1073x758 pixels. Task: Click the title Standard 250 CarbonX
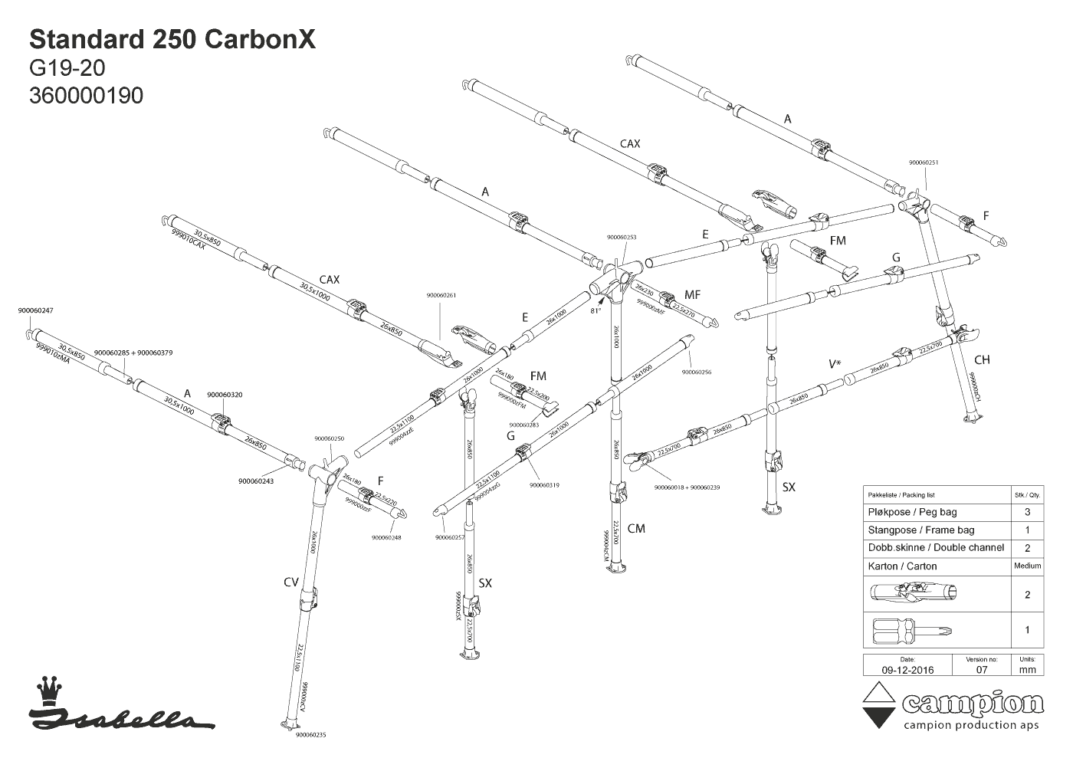(172, 40)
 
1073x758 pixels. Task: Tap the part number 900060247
(35, 310)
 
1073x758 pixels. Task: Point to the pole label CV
(290, 582)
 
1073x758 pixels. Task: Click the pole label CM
(636, 528)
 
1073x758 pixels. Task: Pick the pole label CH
(982, 359)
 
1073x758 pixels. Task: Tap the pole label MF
(692, 294)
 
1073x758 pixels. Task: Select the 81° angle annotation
(594, 311)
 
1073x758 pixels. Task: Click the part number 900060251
(924, 162)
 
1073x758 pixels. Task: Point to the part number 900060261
(441, 295)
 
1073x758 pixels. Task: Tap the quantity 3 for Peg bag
(1027, 512)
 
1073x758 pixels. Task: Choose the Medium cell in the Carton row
(1027, 566)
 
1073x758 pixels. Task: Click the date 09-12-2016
(907, 669)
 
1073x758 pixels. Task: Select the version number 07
(982, 669)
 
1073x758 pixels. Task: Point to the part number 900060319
(544, 485)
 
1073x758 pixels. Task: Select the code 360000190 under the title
(86, 96)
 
